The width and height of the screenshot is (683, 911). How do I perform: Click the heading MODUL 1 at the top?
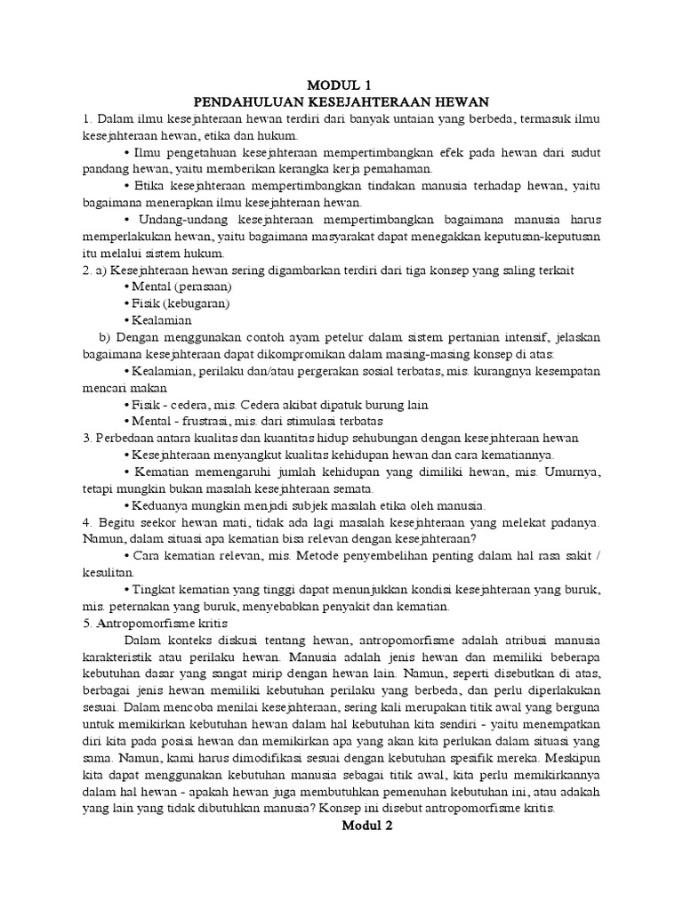tap(341, 85)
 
